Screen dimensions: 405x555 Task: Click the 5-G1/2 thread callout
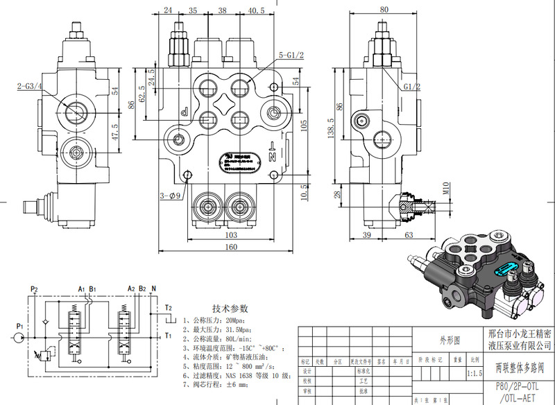(x=291, y=55)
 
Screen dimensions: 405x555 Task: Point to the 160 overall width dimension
(x=230, y=247)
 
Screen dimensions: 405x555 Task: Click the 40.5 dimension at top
(x=255, y=10)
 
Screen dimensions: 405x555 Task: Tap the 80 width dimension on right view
(x=384, y=10)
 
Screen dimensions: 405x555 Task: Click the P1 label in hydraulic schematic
(x=20, y=325)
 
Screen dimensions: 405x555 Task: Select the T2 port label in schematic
(x=168, y=307)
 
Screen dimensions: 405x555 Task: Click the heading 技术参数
(x=229, y=308)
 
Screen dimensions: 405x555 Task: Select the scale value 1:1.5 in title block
(x=475, y=372)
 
